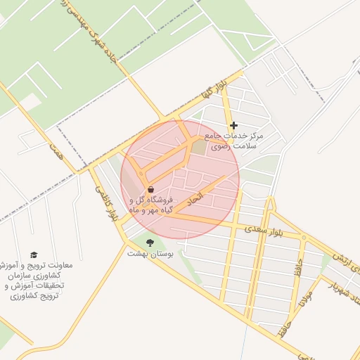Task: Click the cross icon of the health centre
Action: (x=234, y=126)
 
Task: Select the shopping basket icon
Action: (x=150, y=189)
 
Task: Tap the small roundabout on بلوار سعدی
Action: (x=304, y=238)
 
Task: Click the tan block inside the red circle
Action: (x=200, y=149)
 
